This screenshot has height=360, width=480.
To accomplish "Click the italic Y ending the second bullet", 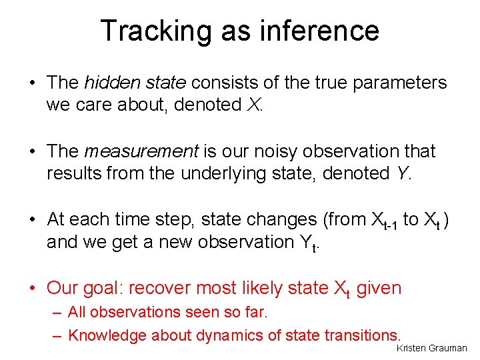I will coord(400,174).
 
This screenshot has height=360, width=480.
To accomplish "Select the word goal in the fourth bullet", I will coord(104,289).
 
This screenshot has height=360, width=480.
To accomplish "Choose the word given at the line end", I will coord(378,288).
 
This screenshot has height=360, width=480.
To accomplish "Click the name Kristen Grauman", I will coord(432,349).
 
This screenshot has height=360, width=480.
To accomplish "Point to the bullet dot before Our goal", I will coord(33,289).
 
